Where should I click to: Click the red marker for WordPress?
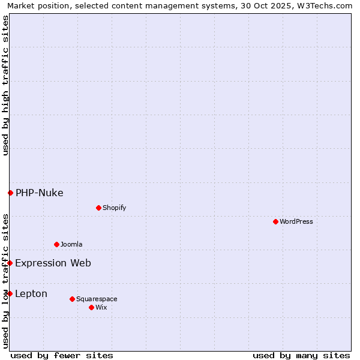pyautogui.click(x=275, y=221)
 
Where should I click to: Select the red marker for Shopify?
pyautogui.click(x=98, y=208)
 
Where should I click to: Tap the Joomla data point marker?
pyautogui.click(x=56, y=244)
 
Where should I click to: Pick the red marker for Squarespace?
pyautogui.click(x=72, y=299)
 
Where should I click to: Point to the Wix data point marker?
pyautogui.click(x=91, y=307)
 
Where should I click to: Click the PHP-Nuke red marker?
pyautogui.click(x=10, y=193)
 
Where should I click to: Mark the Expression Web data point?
pyautogui.click(x=10, y=263)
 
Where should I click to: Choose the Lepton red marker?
pyautogui.click(x=10, y=293)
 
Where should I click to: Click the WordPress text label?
pyautogui.click(x=296, y=221)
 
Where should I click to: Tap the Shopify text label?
pyautogui.click(x=114, y=208)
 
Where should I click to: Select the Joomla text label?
pyautogui.click(x=71, y=244)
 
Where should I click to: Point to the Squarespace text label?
pyautogui.click(x=97, y=299)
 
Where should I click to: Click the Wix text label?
pyautogui.click(x=101, y=307)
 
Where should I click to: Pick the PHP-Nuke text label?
pyautogui.click(x=40, y=193)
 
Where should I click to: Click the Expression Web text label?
pyautogui.click(x=53, y=263)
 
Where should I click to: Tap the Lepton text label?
pyautogui.click(x=31, y=293)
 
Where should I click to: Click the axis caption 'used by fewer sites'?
pyautogui.click(x=62, y=355)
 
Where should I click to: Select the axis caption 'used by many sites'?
pyautogui.click(x=301, y=355)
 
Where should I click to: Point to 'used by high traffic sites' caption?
pyautogui.click(x=5, y=85)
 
